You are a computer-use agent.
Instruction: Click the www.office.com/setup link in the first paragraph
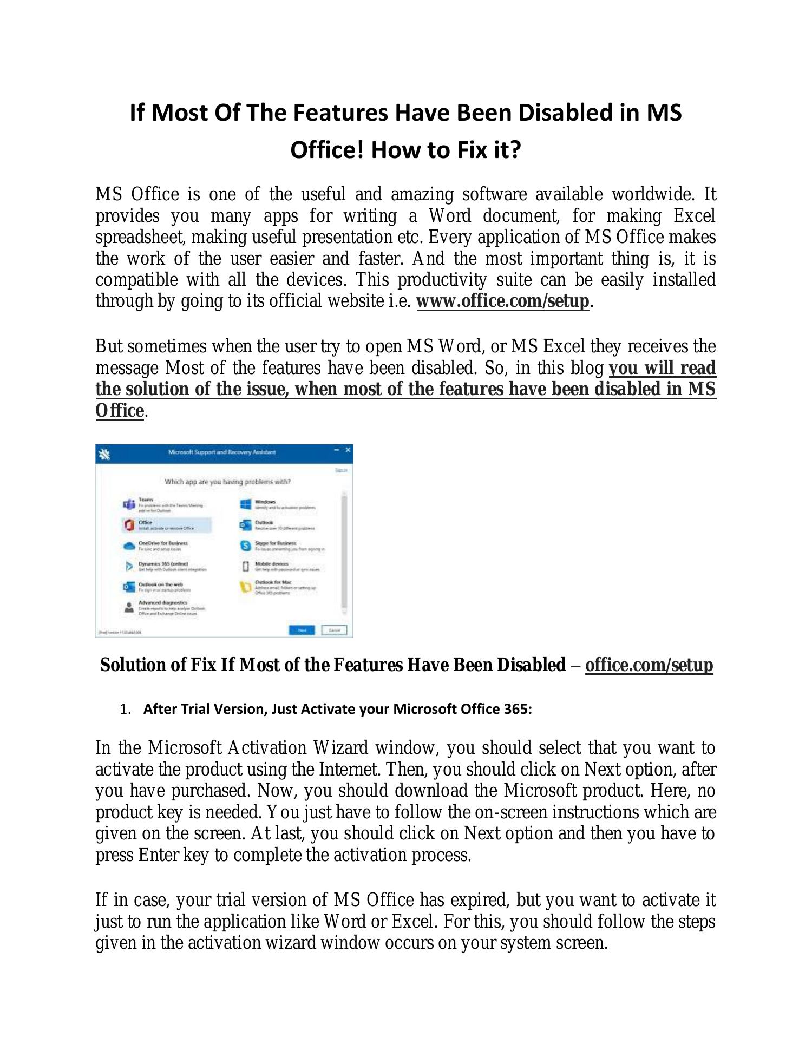502,301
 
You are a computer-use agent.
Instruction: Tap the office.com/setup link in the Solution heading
649,665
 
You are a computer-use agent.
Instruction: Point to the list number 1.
125,710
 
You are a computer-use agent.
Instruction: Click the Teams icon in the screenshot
129,504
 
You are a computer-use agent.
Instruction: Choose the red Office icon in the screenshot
129,525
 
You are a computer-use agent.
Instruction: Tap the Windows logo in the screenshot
245,504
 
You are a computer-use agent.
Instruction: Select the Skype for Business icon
245,546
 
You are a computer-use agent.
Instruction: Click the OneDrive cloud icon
129,546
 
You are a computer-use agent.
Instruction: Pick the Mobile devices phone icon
245,566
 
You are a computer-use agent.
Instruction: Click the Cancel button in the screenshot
334,630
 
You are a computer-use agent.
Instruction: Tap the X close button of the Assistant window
348,450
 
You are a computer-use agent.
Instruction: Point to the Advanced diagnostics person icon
129,607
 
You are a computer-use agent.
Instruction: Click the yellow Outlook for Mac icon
245,587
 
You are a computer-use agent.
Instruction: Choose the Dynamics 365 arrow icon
129,566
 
